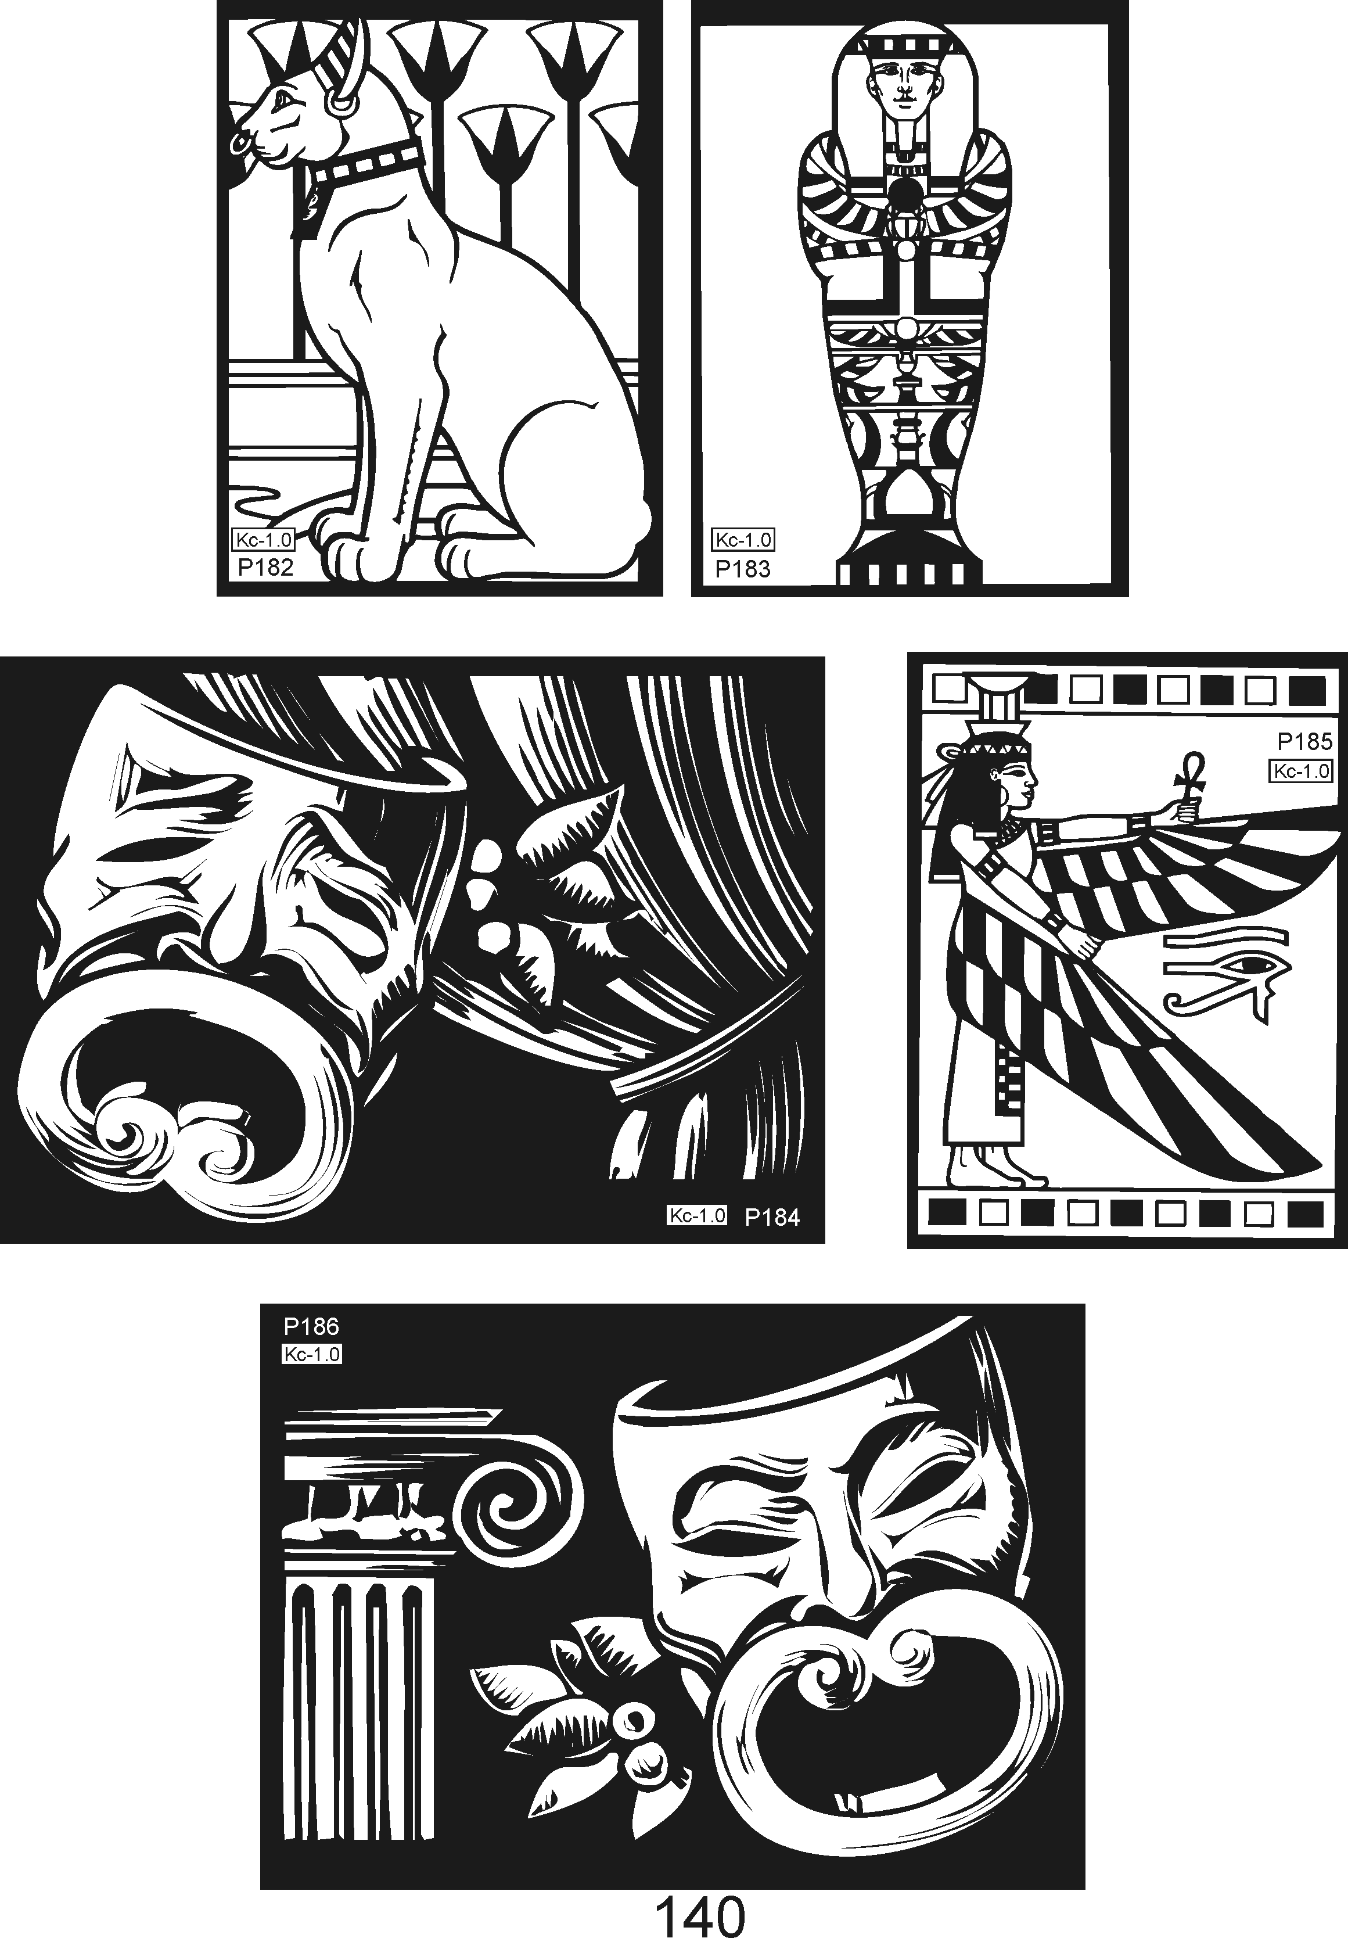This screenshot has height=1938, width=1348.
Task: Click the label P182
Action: [x=265, y=567]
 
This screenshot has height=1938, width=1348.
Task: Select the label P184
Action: [x=771, y=1216]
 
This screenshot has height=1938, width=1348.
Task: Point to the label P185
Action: [x=1304, y=741]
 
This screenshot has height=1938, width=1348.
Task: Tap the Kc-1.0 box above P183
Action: [x=743, y=540]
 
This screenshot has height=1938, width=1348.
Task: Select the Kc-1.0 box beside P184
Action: [x=697, y=1216]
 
